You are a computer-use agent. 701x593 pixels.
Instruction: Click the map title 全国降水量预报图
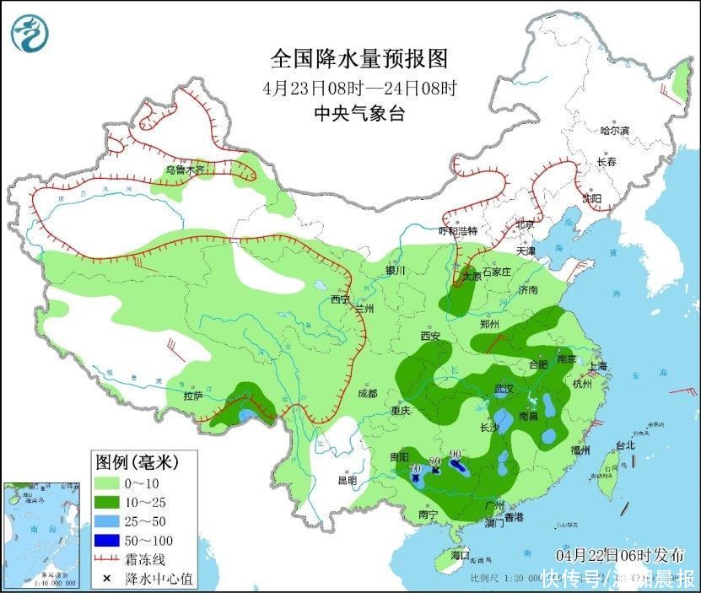(359, 59)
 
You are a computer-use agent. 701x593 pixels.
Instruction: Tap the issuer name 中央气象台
(359, 114)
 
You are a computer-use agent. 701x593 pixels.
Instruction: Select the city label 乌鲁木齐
(185, 170)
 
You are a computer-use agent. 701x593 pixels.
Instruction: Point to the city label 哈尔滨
(614, 131)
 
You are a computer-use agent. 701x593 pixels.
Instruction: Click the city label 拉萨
(192, 396)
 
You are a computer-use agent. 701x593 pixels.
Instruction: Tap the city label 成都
(366, 392)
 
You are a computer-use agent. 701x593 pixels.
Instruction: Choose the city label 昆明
(347, 480)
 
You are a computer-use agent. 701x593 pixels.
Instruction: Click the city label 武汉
(504, 389)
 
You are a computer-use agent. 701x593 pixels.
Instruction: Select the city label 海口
(460, 555)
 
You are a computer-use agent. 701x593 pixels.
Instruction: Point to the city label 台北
(625, 445)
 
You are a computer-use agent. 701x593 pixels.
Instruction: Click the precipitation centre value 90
(456, 454)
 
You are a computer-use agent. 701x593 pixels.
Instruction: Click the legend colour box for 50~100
(105, 540)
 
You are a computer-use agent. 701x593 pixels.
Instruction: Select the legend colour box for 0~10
(105, 482)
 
